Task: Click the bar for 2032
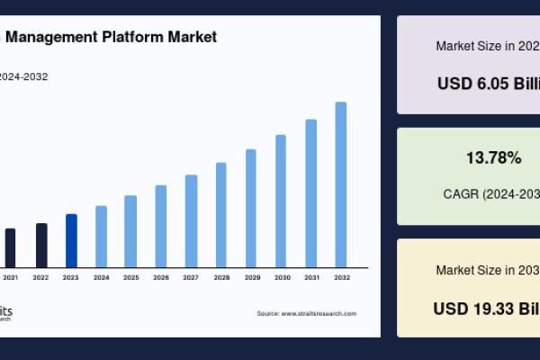click(341, 184)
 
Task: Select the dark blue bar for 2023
click(71, 240)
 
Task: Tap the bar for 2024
click(101, 237)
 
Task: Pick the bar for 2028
click(221, 215)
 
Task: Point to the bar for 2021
click(11, 247)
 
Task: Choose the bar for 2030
click(281, 201)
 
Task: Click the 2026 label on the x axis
click(161, 278)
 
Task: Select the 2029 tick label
click(251, 278)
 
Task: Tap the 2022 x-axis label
click(40, 278)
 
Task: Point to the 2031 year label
click(311, 278)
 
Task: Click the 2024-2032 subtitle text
click(24, 76)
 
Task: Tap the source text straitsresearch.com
click(319, 313)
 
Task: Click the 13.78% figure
click(493, 158)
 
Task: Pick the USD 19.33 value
click(486, 308)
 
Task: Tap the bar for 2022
click(41, 246)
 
